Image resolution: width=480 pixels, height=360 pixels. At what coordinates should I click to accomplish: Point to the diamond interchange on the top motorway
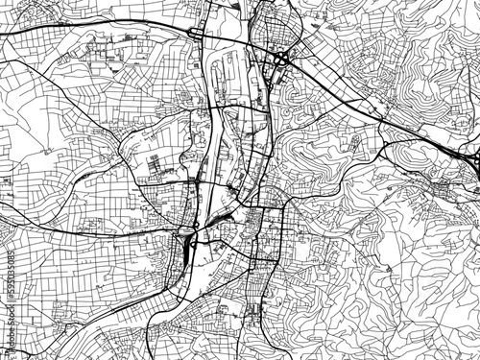tap(200, 36)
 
